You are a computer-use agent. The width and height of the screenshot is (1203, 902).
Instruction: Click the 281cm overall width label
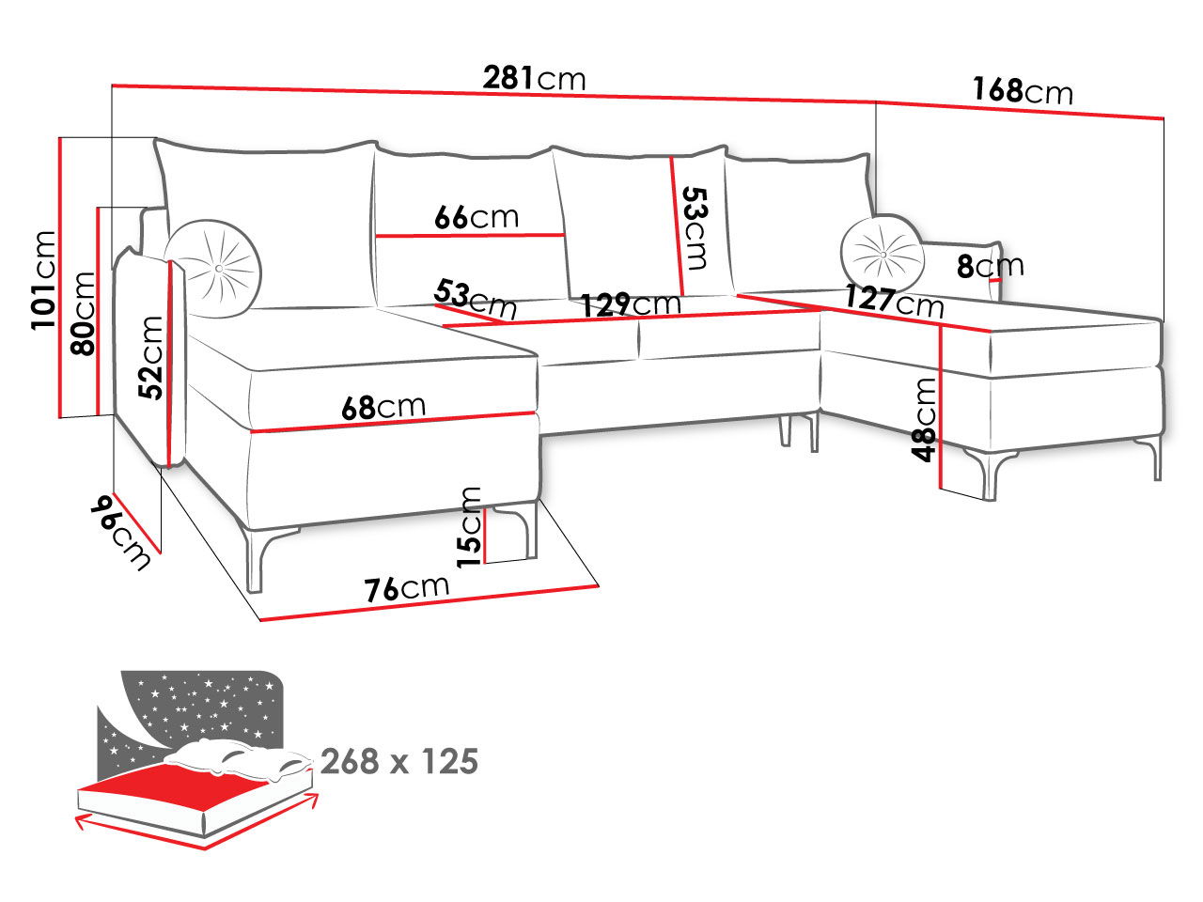(x=534, y=78)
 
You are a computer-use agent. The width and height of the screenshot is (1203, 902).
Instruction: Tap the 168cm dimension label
(x=1023, y=90)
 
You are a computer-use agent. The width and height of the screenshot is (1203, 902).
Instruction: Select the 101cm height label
(x=44, y=280)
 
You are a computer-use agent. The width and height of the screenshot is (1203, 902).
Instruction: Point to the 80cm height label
(x=83, y=313)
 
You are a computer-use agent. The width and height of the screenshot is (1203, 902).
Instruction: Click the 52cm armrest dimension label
(x=150, y=358)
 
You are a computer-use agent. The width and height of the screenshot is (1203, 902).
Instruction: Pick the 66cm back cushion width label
(x=477, y=217)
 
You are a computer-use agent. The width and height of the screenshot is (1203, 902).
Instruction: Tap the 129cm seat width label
(x=631, y=304)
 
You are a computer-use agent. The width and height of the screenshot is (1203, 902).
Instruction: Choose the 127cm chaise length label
(x=895, y=301)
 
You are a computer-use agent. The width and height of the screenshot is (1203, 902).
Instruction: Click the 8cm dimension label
(x=991, y=266)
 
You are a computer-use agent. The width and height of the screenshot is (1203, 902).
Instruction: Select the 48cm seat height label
(x=924, y=420)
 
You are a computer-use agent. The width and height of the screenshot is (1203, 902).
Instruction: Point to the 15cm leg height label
(x=469, y=527)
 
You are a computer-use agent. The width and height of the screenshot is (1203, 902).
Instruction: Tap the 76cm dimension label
(x=407, y=589)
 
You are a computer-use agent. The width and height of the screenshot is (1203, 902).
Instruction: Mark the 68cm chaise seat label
(x=383, y=407)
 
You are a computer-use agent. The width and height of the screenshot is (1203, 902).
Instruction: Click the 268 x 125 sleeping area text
(x=399, y=761)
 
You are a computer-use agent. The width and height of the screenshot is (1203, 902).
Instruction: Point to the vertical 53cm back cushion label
(x=695, y=228)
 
